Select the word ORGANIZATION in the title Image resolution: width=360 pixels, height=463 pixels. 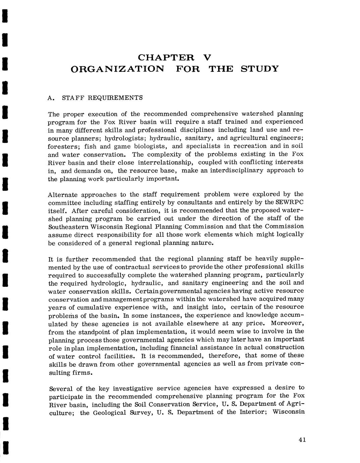118,69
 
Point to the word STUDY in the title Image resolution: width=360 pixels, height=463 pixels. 260,69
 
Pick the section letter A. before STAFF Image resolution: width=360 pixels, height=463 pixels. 51,98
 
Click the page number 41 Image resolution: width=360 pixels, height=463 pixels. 302,440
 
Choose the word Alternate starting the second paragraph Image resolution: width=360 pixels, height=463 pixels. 63,195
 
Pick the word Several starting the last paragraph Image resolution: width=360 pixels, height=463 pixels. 61,389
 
